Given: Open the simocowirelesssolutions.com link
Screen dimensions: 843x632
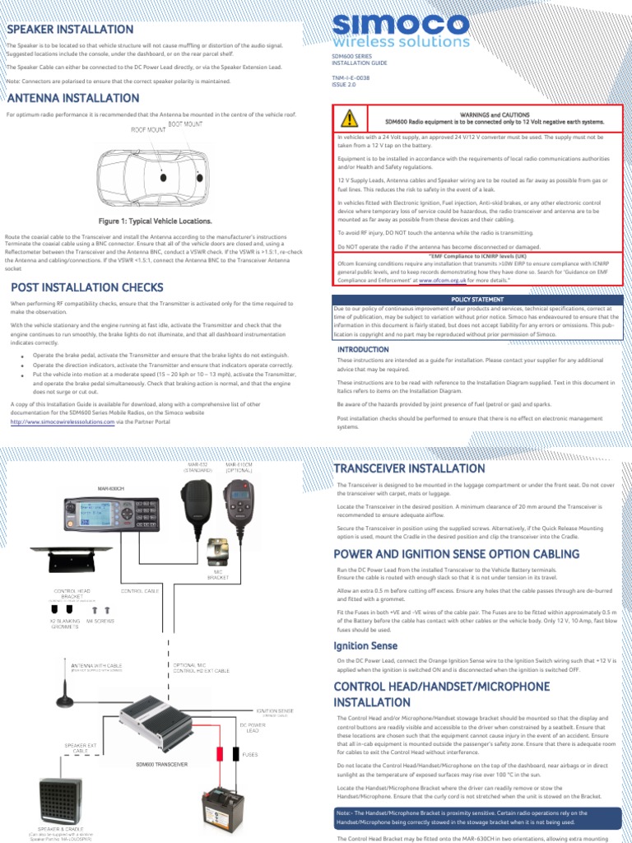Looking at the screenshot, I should (63, 421).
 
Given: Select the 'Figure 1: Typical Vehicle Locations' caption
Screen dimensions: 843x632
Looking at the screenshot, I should (155, 221).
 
